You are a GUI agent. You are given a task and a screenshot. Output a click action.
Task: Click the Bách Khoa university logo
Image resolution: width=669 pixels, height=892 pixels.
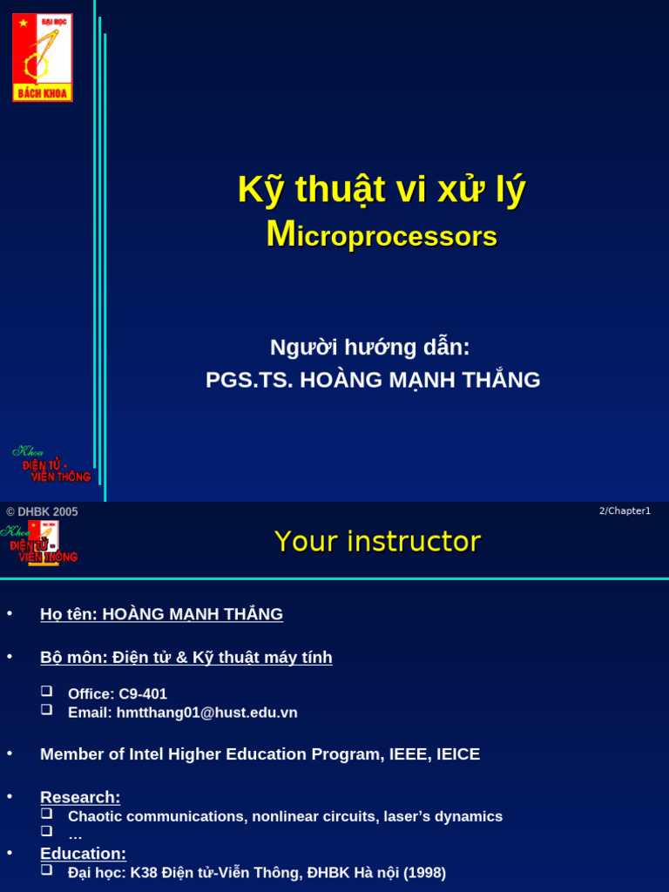pos(42,57)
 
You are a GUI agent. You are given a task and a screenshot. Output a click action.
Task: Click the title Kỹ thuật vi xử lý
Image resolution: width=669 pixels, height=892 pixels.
pos(382,190)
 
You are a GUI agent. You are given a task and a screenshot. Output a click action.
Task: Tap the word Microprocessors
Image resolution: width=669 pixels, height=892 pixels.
pos(382,235)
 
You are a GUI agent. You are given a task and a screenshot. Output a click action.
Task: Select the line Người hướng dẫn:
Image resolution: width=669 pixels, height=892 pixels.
pos(369,348)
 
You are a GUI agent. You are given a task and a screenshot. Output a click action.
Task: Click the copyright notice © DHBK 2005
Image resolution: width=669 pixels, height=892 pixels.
pos(42,512)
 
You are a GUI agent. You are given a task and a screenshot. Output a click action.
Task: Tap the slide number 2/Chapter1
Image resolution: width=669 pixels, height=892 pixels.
pos(625,511)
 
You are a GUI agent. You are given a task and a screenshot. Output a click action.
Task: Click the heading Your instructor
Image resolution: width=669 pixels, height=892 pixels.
pos(377,542)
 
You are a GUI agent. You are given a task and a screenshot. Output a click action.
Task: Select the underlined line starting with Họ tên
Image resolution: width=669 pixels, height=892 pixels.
pos(161,614)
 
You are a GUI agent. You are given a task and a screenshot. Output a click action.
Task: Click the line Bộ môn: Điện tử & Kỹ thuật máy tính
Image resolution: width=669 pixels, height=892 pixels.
pos(186,658)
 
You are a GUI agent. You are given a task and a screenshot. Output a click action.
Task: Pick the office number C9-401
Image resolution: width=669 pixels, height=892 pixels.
pos(143,694)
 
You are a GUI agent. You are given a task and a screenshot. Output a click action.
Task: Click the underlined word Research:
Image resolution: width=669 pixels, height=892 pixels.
pos(80,797)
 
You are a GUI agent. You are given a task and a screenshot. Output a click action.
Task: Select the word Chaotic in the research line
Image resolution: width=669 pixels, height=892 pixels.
pos(96,817)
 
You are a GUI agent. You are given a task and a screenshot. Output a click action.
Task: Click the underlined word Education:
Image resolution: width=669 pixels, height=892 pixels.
pos(83,854)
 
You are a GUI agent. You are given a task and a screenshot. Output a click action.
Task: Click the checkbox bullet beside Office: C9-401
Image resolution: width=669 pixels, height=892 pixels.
pos(47,692)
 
